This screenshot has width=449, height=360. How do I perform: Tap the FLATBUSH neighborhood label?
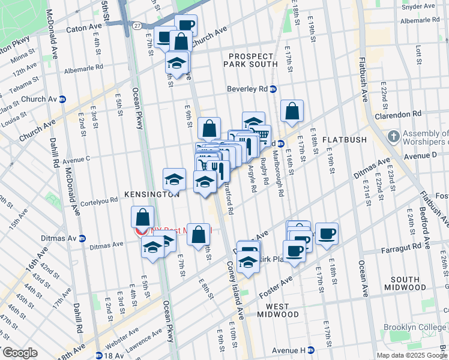345,140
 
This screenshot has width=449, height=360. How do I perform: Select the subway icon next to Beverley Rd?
273,89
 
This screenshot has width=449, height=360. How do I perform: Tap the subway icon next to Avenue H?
311,350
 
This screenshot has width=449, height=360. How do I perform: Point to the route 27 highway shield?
137,26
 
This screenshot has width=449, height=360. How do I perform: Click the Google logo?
19,353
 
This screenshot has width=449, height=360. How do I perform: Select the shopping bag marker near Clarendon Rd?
292,110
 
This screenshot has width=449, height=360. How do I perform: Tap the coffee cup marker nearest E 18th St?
327,233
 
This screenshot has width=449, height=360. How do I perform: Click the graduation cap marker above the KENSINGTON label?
174,178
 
